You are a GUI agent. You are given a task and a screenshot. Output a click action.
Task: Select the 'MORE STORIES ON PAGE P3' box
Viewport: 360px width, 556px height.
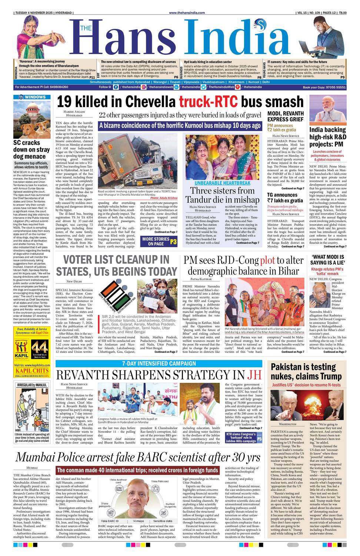click(160, 241)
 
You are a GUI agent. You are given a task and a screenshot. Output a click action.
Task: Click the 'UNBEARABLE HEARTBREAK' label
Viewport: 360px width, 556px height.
click(222, 183)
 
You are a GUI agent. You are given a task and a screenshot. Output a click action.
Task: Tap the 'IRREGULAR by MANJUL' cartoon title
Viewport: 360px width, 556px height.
click(32, 385)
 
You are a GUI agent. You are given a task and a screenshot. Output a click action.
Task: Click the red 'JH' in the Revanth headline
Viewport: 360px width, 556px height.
click(254, 375)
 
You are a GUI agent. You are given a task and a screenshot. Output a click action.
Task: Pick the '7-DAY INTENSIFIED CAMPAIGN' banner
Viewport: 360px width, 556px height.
click(159, 364)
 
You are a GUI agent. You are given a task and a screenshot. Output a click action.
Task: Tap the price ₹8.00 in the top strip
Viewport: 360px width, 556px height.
click(342, 13)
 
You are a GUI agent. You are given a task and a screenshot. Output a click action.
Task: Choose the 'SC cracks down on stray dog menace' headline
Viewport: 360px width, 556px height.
click(31, 149)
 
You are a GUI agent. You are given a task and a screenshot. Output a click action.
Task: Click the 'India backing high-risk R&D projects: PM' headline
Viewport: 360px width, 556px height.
click(328, 137)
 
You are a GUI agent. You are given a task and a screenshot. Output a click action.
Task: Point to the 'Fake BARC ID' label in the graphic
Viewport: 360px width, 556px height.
click(110, 521)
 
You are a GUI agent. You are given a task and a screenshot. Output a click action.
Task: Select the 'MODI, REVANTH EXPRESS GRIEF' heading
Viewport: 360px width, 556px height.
click(286, 116)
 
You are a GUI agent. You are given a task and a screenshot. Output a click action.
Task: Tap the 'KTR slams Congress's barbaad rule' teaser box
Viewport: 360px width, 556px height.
click(241, 437)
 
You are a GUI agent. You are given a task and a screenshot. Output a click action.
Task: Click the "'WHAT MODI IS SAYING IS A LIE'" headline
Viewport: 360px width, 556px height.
click(327, 259)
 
